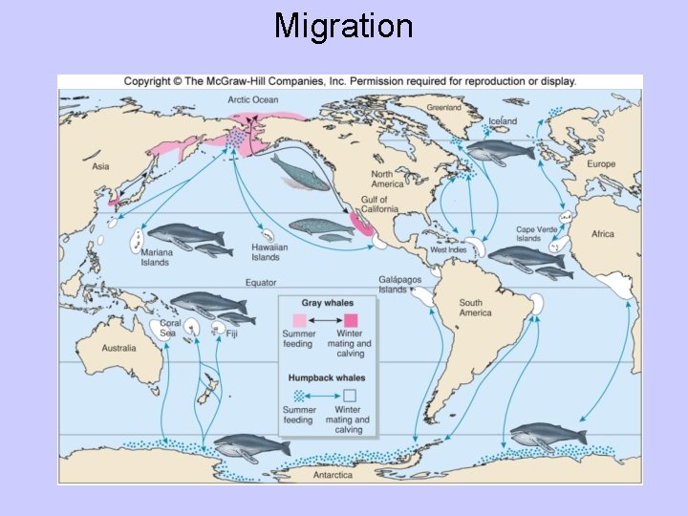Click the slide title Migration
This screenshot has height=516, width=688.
click(x=343, y=25)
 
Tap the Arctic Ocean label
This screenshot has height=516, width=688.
click(x=251, y=99)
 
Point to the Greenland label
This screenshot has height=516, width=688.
click(x=443, y=108)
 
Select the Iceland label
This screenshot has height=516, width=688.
click(x=503, y=121)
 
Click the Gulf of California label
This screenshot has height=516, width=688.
click(x=380, y=204)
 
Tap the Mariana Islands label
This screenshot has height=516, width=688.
click(x=155, y=257)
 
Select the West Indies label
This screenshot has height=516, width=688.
click(x=451, y=250)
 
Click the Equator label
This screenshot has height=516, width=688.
click(x=261, y=283)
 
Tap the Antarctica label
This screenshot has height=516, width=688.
click(x=333, y=474)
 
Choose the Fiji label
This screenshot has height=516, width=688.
click(x=232, y=334)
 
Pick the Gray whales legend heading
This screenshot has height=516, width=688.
click(x=327, y=303)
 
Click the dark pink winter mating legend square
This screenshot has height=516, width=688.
click(x=350, y=320)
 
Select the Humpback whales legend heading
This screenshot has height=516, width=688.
click(x=327, y=378)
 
